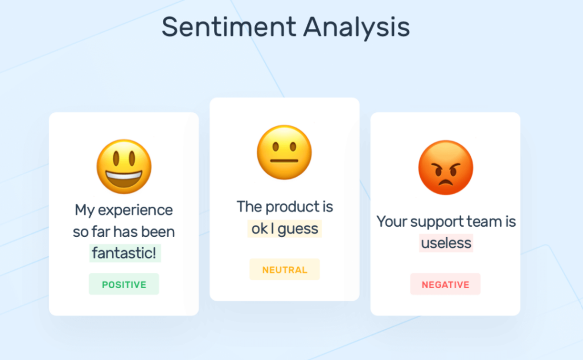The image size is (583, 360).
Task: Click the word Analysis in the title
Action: click(356, 27)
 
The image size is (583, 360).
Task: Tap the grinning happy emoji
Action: click(124, 167)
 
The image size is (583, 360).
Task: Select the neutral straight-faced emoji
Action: click(284, 152)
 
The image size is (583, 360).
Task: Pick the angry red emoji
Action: click(445, 167)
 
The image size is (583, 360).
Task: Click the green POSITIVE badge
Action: click(124, 284)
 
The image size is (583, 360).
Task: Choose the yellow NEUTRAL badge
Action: click(284, 269)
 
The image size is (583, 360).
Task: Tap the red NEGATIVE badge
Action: click(445, 284)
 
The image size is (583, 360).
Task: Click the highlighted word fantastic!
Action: click(124, 253)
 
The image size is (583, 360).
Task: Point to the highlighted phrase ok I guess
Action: click(285, 228)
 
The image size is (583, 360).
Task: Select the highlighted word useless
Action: click(446, 243)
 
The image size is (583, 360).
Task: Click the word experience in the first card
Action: click(135, 210)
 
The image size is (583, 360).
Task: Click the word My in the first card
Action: click(85, 210)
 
